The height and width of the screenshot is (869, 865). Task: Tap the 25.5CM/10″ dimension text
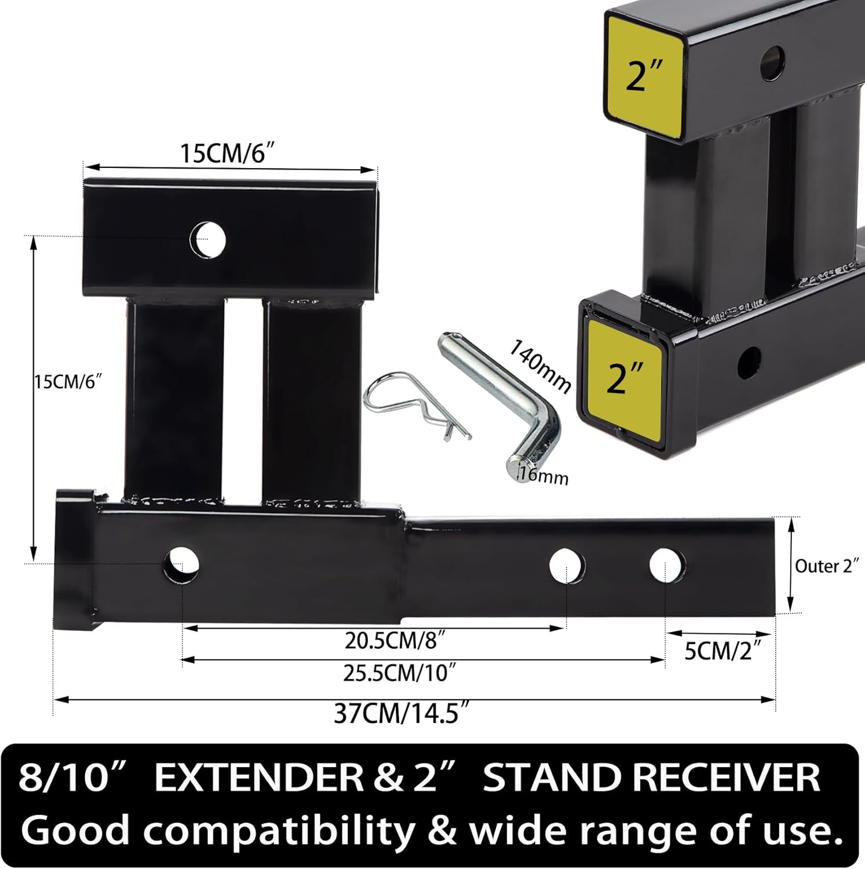coord(399,673)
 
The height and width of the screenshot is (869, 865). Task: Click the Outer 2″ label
coord(826,566)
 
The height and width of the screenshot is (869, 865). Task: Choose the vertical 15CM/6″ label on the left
coord(68,382)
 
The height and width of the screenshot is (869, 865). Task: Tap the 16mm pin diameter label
coord(543,476)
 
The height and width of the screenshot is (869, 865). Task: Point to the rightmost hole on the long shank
coord(667,565)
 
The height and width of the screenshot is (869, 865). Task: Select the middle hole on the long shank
coord(567,566)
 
